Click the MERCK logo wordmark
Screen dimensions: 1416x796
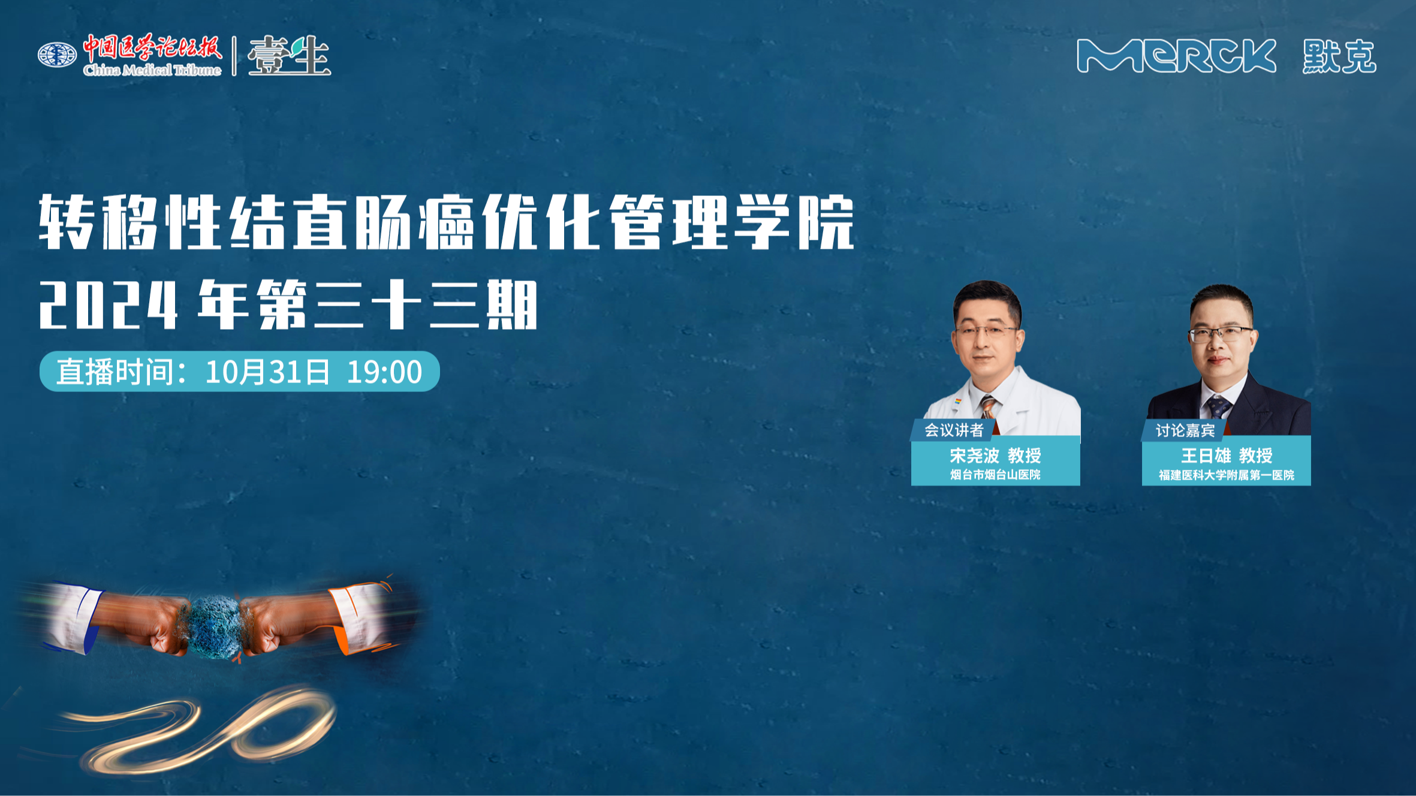[x=1176, y=56]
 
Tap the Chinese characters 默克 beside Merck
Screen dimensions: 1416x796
[x=1339, y=57]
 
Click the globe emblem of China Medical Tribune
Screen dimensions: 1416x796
[x=57, y=55]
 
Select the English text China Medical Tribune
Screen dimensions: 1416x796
[x=152, y=70]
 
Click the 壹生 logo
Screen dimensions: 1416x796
[x=289, y=56]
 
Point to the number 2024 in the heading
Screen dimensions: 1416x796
[x=109, y=305]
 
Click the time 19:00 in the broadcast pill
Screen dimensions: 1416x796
[x=384, y=372]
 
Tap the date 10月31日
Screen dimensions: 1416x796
[x=267, y=372]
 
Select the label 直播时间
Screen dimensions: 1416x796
[x=115, y=372]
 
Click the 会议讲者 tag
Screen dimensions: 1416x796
[x=954, y=430]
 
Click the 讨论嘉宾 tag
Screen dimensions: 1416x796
[x=1185, y=430]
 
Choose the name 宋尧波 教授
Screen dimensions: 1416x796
[x=995, y=456]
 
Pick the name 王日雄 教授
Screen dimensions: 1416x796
[x=1227, y=456]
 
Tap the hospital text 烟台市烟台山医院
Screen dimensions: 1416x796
[x=995, y=475]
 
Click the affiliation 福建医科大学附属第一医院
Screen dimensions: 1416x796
[x=1227, y=475]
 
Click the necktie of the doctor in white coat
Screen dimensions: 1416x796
[x=987, y=408]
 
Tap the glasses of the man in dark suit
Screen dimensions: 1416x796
[x=1221, y=334]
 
